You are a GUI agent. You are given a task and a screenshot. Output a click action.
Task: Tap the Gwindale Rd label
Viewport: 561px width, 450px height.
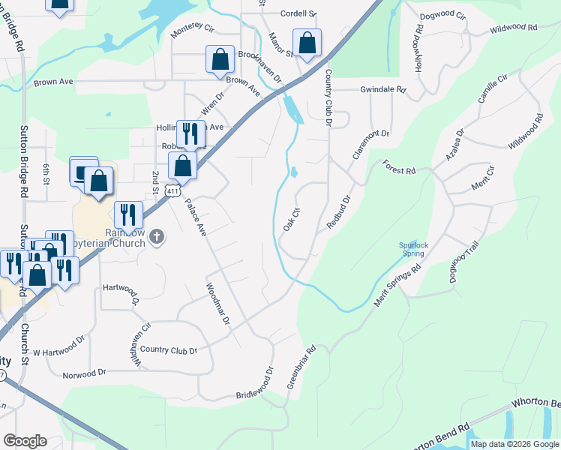coord(382,89)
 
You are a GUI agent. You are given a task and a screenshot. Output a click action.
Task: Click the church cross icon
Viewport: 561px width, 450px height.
coord(156,238)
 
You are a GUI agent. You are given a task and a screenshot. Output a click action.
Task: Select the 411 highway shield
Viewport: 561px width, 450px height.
coord(174,191)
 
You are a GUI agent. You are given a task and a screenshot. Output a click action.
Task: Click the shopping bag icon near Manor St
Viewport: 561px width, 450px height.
coord(307,43)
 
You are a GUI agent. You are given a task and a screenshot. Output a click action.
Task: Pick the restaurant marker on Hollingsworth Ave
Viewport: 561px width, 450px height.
coord(190,134)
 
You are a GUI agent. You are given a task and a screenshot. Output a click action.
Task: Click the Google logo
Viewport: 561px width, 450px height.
coord(25,441)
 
